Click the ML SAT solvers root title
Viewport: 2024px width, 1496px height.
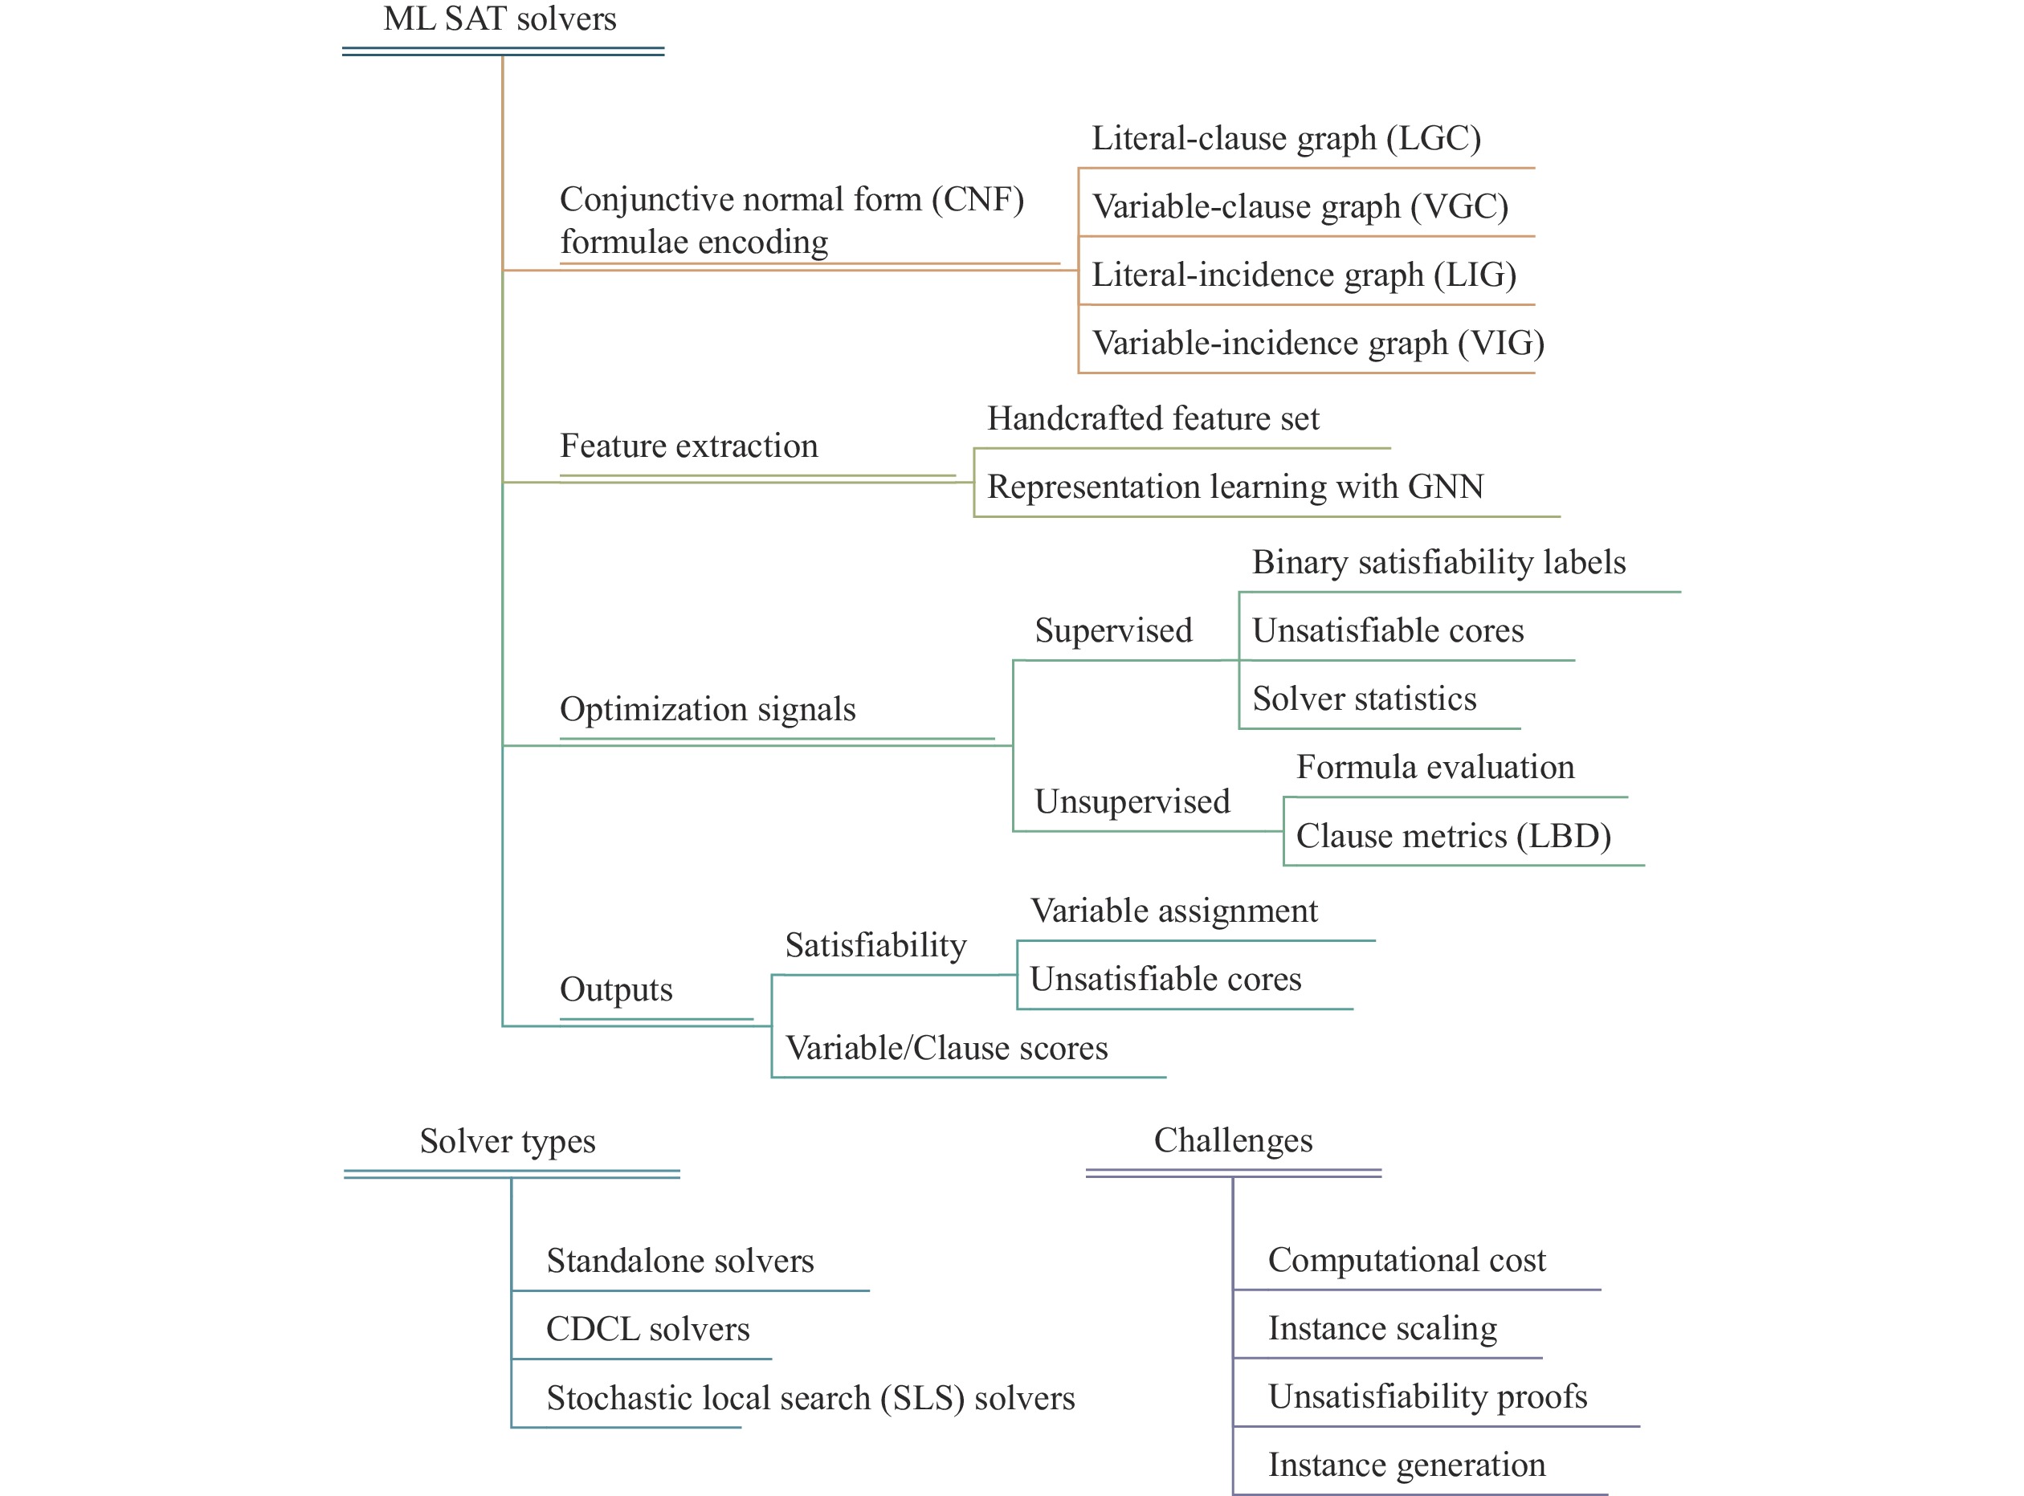[x=500, y=19]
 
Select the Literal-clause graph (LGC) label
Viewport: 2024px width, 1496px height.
[x=1286, y=139]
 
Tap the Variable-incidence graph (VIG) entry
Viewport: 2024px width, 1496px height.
[x=1319, y=343]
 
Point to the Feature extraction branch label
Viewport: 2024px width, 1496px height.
[x=688, y=446]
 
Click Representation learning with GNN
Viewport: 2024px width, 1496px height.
[x=1235, y=487]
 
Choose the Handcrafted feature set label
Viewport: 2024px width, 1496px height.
[x=1153, y=418]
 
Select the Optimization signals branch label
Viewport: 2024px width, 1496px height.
[x=708, y=709]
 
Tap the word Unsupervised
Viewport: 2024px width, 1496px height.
[x=1132, y=802]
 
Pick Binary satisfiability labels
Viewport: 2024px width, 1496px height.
[x=1439, y=562]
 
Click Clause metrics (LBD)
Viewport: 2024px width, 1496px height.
[x=1454, y=836]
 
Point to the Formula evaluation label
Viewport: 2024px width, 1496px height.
[x=1435, y=768]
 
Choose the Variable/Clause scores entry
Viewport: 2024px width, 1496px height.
[x=946, y=1049]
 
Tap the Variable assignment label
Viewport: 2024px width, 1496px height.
[x=1173, y=911]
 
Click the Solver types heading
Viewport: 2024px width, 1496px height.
[x=507, y=1142]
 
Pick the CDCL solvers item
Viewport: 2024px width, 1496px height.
[x=647, y=1329]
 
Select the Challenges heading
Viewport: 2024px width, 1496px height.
[x=1233, y=1141]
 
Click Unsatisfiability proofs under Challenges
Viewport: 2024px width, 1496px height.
[x=1427, y=1397]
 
